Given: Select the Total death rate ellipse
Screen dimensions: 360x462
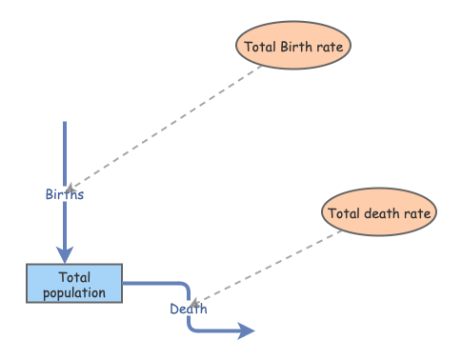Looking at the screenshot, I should [380, 213].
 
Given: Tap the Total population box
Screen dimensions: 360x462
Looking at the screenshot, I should [74, 284].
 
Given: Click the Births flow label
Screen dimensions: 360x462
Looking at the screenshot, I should [65, 194].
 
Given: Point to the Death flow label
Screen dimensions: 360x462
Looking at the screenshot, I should [189, 309].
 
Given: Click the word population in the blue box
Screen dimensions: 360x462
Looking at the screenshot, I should [74, 292].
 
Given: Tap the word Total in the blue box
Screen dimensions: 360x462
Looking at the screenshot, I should [74, 277].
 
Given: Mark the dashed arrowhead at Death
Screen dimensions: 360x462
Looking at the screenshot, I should [195, 303].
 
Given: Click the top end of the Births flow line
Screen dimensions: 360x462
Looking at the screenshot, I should [65, 124].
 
